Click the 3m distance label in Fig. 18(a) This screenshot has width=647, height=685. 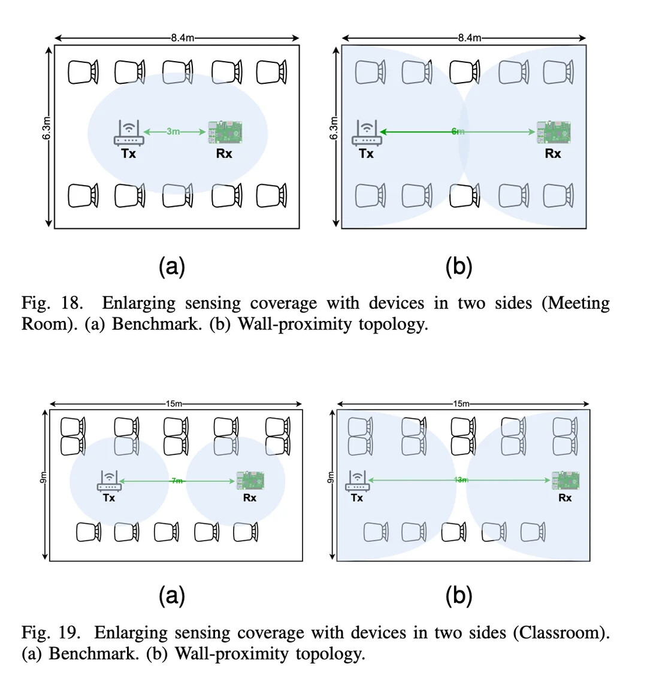173,131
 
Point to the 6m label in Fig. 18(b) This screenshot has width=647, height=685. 458,131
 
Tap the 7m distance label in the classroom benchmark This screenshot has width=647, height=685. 177,481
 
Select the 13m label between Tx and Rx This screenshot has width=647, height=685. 460,480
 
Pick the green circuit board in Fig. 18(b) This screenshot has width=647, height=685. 553,132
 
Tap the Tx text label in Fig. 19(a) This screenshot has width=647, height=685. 109,498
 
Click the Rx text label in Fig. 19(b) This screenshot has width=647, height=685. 565,498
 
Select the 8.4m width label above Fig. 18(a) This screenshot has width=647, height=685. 182,38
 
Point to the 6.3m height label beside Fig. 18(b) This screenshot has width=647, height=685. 334,128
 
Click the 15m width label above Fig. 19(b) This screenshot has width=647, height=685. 461,404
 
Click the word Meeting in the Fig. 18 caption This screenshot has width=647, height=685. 576,303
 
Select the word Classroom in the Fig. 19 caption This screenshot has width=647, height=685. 561,632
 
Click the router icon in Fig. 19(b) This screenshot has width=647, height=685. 358,482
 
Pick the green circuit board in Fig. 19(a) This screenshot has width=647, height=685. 251,480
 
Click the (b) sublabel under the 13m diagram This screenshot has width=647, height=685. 459,595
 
